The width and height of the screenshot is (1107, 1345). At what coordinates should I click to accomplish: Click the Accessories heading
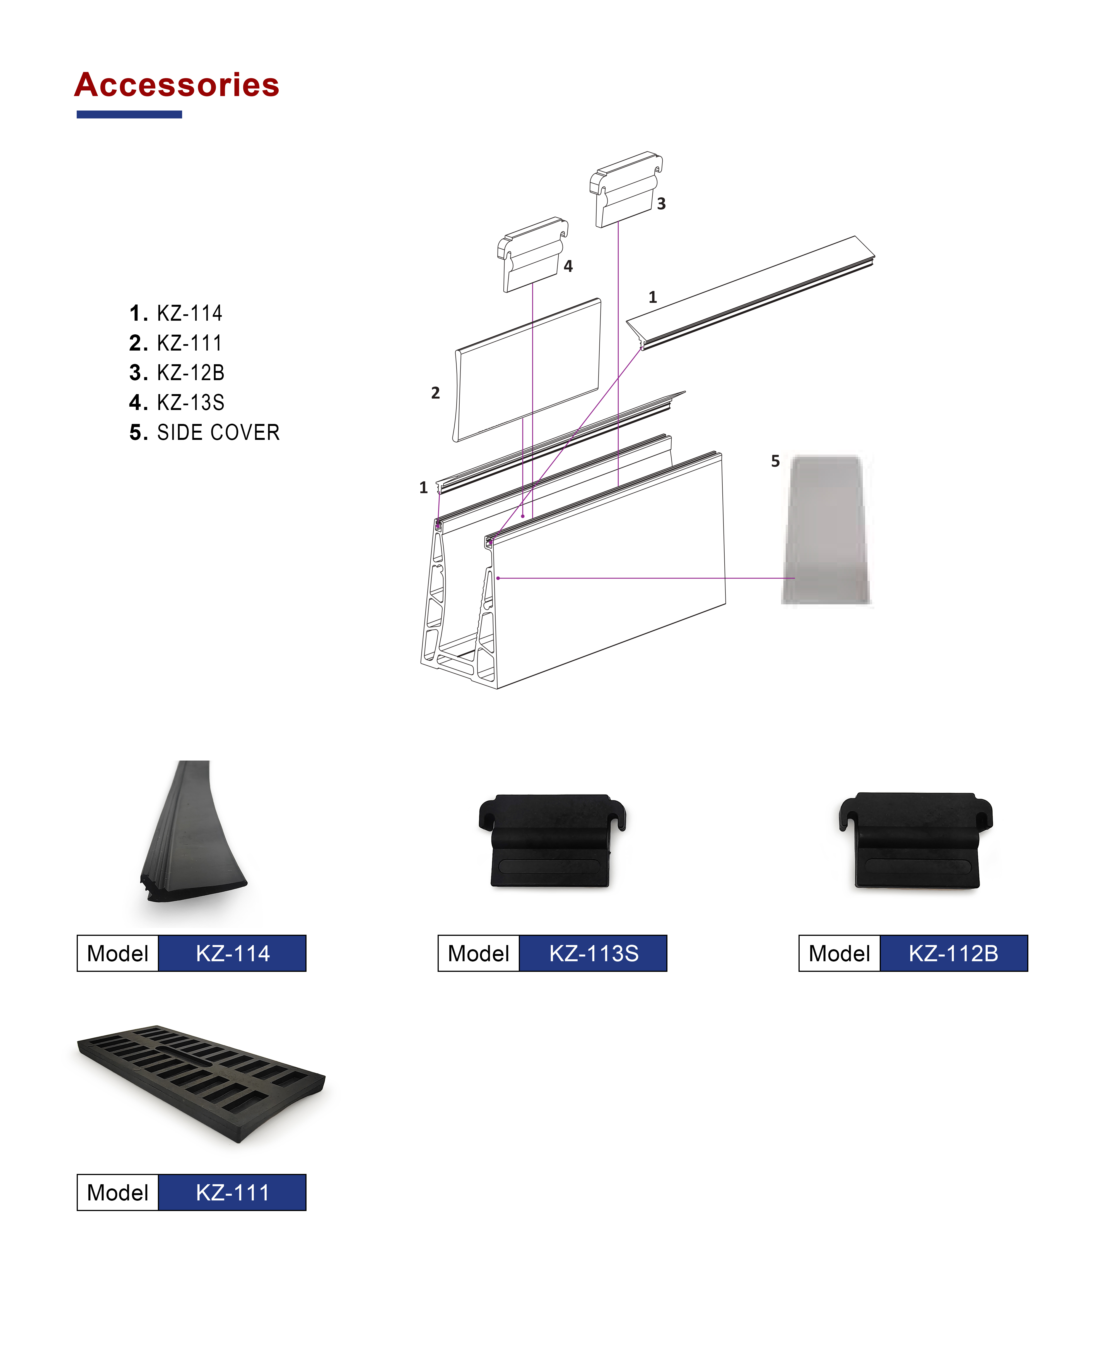[x=177, y=85]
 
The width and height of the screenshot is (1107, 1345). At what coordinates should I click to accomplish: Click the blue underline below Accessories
[x=129, y=114]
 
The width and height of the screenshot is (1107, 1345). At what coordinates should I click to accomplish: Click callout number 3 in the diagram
[x=661, y=203]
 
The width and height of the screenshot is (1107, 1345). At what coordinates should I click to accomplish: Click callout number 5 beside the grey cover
[x=775, y=461]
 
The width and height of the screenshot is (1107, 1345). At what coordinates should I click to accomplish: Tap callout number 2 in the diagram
[x=436, y=392]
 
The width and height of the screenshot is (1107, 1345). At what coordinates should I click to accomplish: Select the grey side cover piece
[x=826, y=529]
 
